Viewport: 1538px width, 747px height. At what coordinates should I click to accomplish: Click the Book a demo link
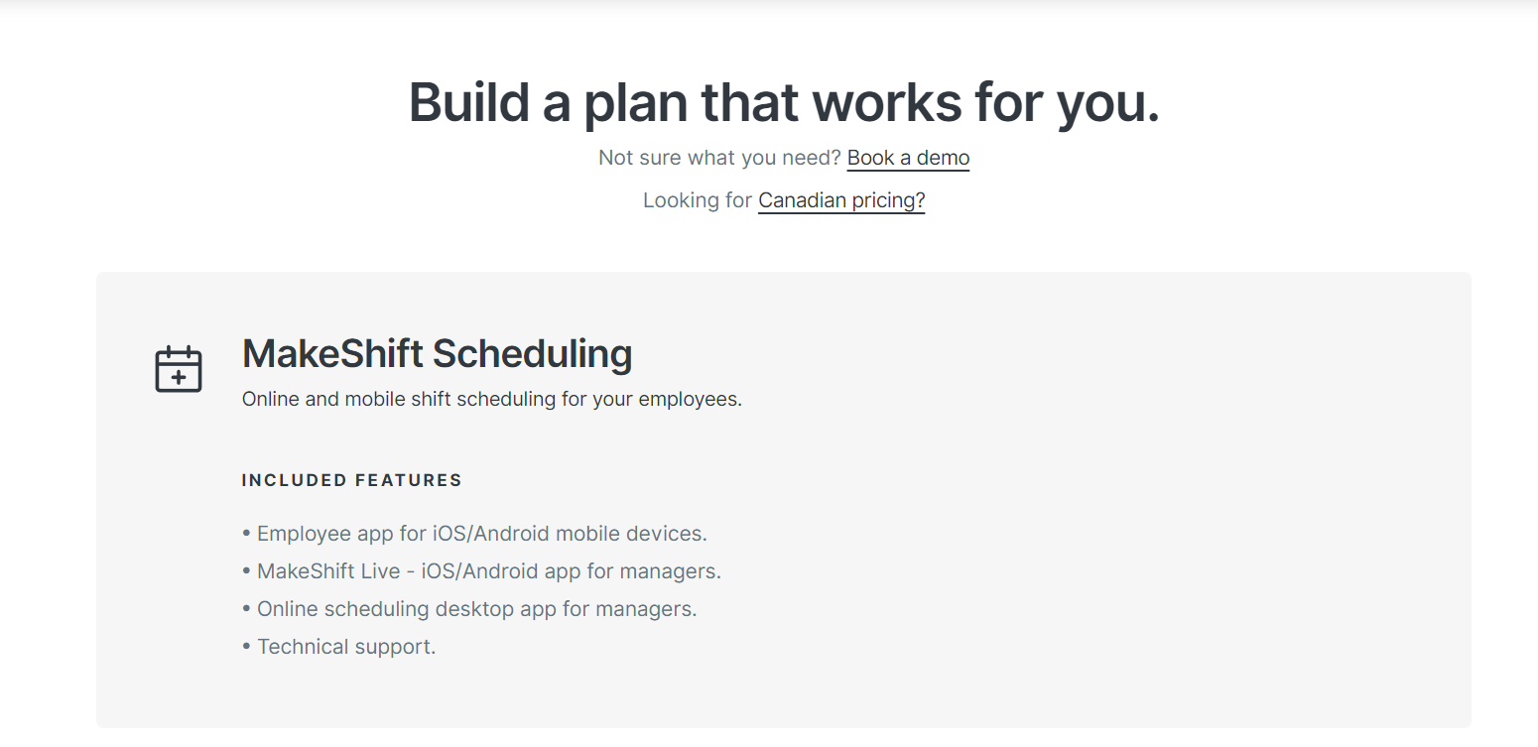click(908, 158)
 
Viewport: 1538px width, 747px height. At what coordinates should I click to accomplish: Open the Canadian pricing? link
click(840, 200)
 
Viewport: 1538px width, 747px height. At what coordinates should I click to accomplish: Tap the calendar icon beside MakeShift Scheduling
click(179, 369)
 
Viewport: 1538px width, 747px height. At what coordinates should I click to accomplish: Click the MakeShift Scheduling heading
click(437, 354)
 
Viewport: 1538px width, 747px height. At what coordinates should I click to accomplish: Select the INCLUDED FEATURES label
click(351, 480)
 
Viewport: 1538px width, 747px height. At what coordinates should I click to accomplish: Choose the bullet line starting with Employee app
click(474, 534)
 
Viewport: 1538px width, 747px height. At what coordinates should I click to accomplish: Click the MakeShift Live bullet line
click(481, 571)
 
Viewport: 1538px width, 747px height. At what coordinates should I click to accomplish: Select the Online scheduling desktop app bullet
click(469, 609)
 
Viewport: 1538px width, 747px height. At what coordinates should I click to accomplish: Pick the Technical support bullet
click(338, 647)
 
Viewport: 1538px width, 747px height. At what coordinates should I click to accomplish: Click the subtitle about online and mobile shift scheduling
click(491, 400)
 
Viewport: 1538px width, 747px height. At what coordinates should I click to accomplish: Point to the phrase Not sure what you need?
click(719, 158)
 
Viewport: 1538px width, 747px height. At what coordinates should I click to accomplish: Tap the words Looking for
click(698, 200)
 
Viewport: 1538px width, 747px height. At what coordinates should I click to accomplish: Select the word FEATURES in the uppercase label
click(409, 480)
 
